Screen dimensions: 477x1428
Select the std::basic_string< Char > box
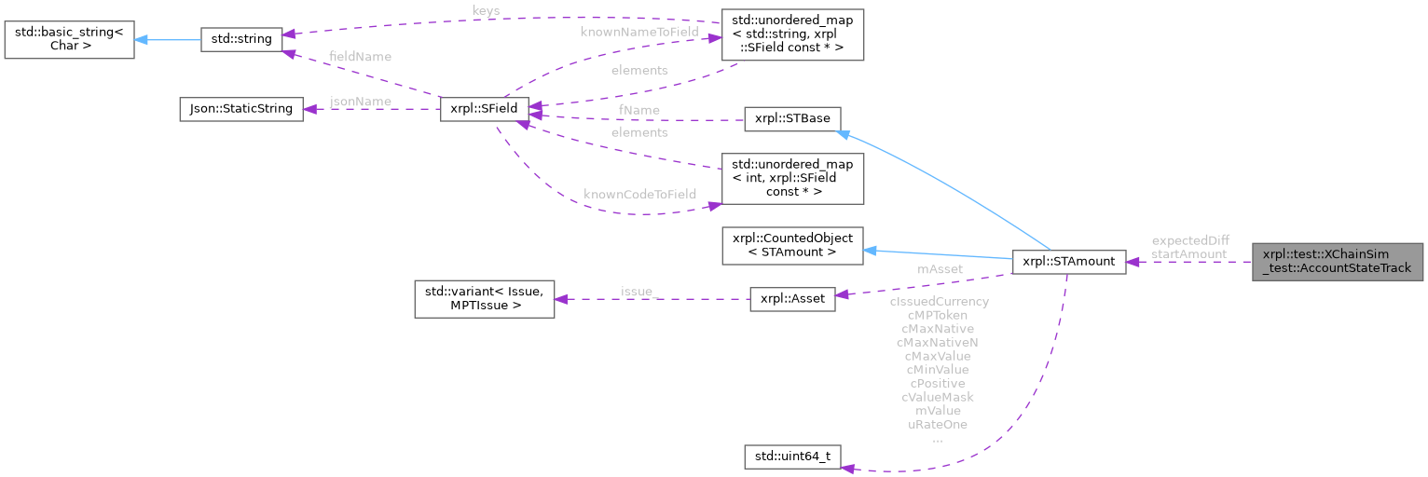[69, 38]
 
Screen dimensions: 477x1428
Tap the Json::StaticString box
[240, 109]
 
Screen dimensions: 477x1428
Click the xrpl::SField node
[484, 109]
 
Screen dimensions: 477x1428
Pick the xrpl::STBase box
[792, 119]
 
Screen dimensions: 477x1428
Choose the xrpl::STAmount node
[1068, 262]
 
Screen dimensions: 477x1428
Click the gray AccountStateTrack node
[1338, 262]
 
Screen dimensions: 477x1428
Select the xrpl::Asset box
[792, 301]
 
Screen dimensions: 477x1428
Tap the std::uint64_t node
[792, 457]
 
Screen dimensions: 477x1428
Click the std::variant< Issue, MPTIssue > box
[484, 299]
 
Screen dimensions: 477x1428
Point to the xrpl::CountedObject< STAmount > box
[792, 245]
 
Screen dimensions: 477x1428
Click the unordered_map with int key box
[792, 178]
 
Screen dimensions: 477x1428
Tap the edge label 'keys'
[486, 11]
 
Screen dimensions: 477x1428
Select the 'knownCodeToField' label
[639, 195]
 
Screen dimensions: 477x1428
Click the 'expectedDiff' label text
[1189, 240]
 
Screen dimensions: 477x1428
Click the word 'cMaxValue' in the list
[937, 356]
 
